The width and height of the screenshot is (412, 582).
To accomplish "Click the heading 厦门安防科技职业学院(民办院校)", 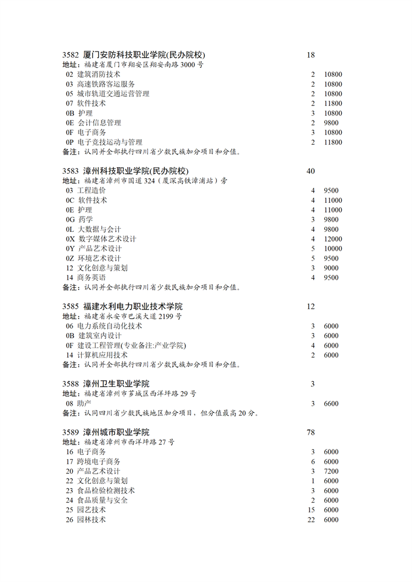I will (x=144, y=55).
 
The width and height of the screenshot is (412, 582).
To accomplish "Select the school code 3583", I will (x=71, y=171).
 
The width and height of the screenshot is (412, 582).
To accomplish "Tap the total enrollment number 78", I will (x=311, y=432).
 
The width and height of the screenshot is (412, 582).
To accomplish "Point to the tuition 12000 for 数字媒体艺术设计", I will (x=333, y=239).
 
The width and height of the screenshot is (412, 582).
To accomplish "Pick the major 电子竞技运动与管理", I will (x=110, y=142).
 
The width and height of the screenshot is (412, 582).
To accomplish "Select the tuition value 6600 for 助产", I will (x=331, y=403).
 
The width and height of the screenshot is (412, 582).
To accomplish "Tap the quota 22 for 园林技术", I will (x=311, y=520).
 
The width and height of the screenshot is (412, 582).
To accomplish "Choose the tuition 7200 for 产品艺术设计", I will (x=331, y=471).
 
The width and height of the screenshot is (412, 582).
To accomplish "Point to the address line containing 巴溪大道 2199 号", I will (x=133, y=316).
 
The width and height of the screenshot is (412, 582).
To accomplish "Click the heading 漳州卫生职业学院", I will (x=116, y=384).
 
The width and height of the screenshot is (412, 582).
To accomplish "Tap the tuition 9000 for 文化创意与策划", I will (x=331, y=268).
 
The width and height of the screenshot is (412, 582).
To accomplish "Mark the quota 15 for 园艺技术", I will (x=311, y=510).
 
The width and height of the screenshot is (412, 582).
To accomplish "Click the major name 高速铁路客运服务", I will (x=106, y=84).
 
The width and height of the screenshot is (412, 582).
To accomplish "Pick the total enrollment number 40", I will (x=311, y=171).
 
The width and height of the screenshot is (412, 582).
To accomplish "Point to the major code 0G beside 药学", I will (x=70, y=219).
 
